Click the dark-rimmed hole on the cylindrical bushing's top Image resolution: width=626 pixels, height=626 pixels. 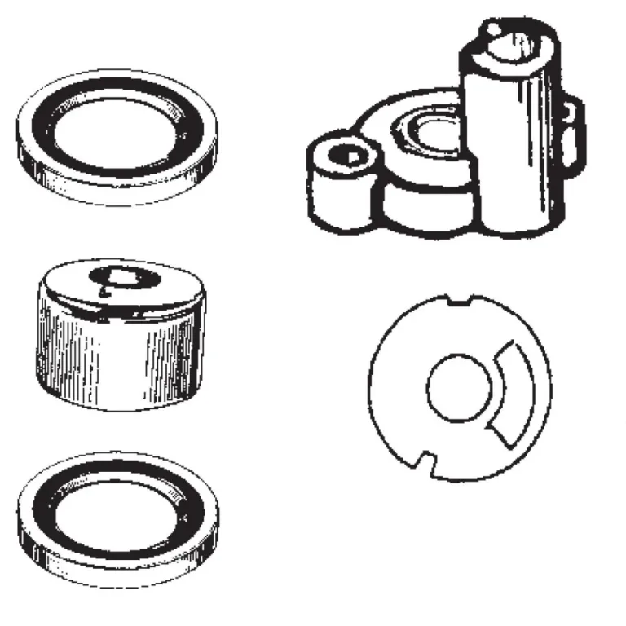click(120, 277)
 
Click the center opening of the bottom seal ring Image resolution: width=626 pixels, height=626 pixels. click(119, 514)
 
